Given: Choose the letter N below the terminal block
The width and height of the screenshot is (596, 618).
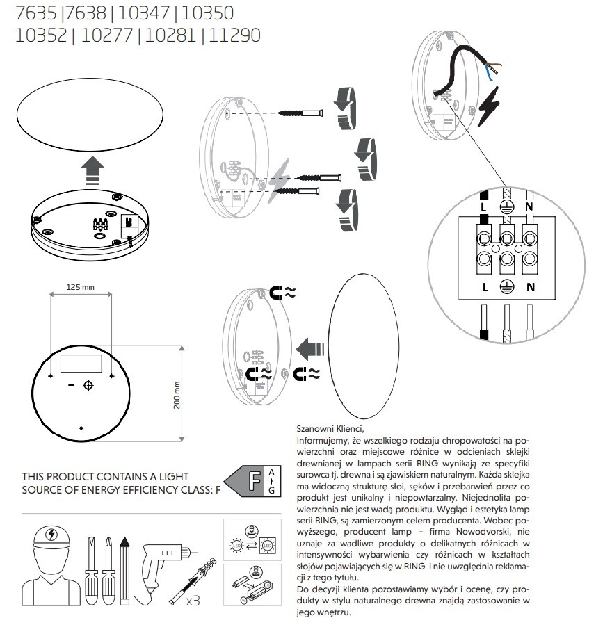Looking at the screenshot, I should pos(531,286).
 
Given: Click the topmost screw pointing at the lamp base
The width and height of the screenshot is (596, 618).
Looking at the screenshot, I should pos(301,113).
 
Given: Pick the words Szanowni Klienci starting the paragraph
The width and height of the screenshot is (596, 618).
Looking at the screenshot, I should pos(330,429).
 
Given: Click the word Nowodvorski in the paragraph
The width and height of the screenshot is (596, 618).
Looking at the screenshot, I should pos(499,532).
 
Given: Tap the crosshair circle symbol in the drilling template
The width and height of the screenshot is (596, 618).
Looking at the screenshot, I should pos(88,385).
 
